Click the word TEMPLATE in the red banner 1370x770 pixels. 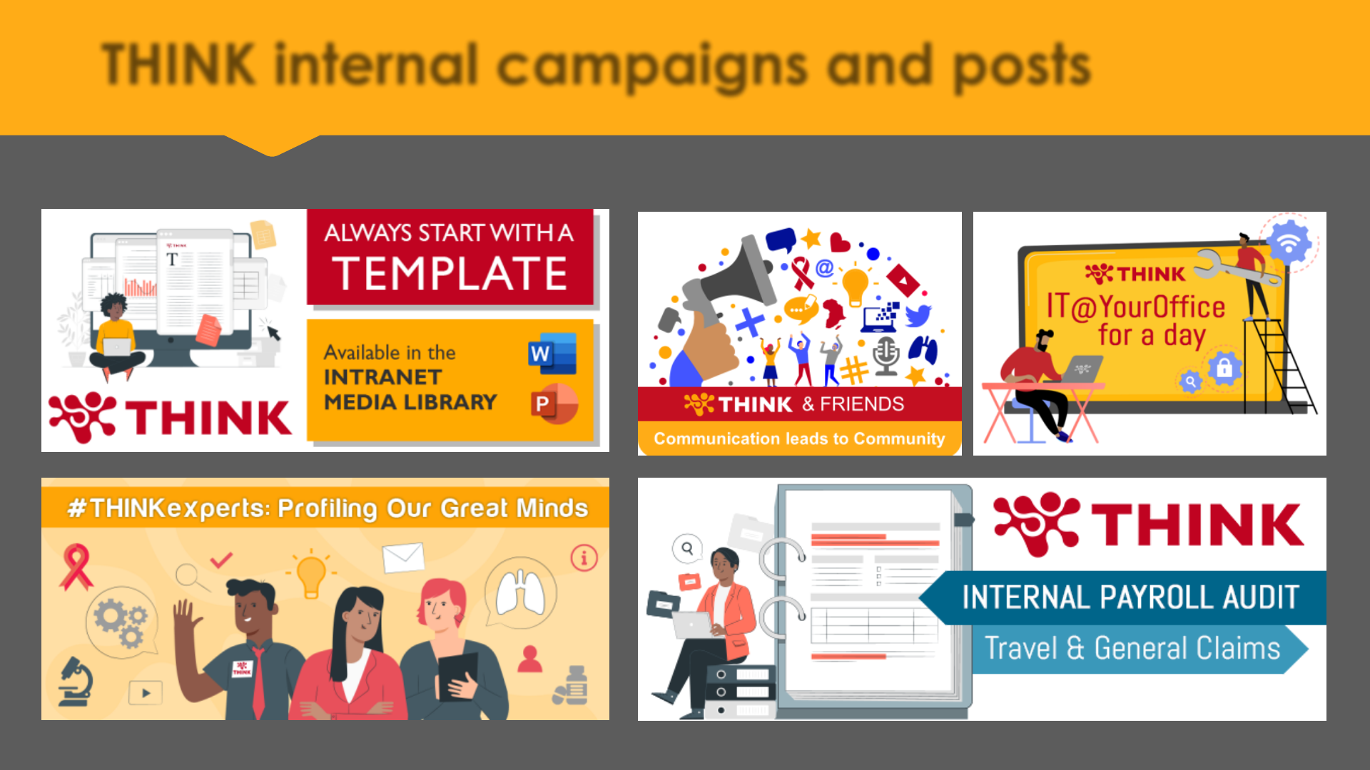450,274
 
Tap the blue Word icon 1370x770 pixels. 552,354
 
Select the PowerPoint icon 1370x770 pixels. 554,404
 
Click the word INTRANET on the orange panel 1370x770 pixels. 382,376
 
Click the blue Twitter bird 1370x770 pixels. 918,315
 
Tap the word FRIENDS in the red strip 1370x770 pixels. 862,404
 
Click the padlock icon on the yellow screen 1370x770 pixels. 1224,369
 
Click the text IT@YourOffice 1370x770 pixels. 1135,307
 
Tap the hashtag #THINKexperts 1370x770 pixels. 168,508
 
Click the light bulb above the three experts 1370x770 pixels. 311,575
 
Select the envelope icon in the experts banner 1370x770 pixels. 403,558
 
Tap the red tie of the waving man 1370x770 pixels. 258,681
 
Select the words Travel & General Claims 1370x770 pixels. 1132,648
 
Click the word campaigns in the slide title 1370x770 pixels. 651,66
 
